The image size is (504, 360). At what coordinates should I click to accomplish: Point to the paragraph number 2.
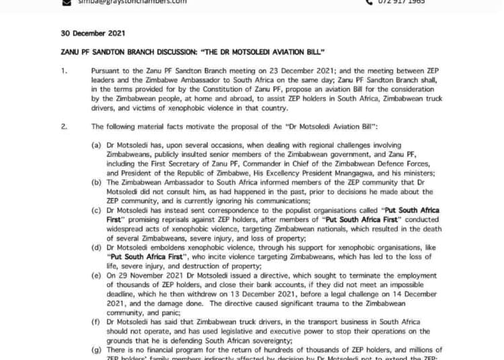(65, 126)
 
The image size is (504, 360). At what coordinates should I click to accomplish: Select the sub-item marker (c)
(97, 210)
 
